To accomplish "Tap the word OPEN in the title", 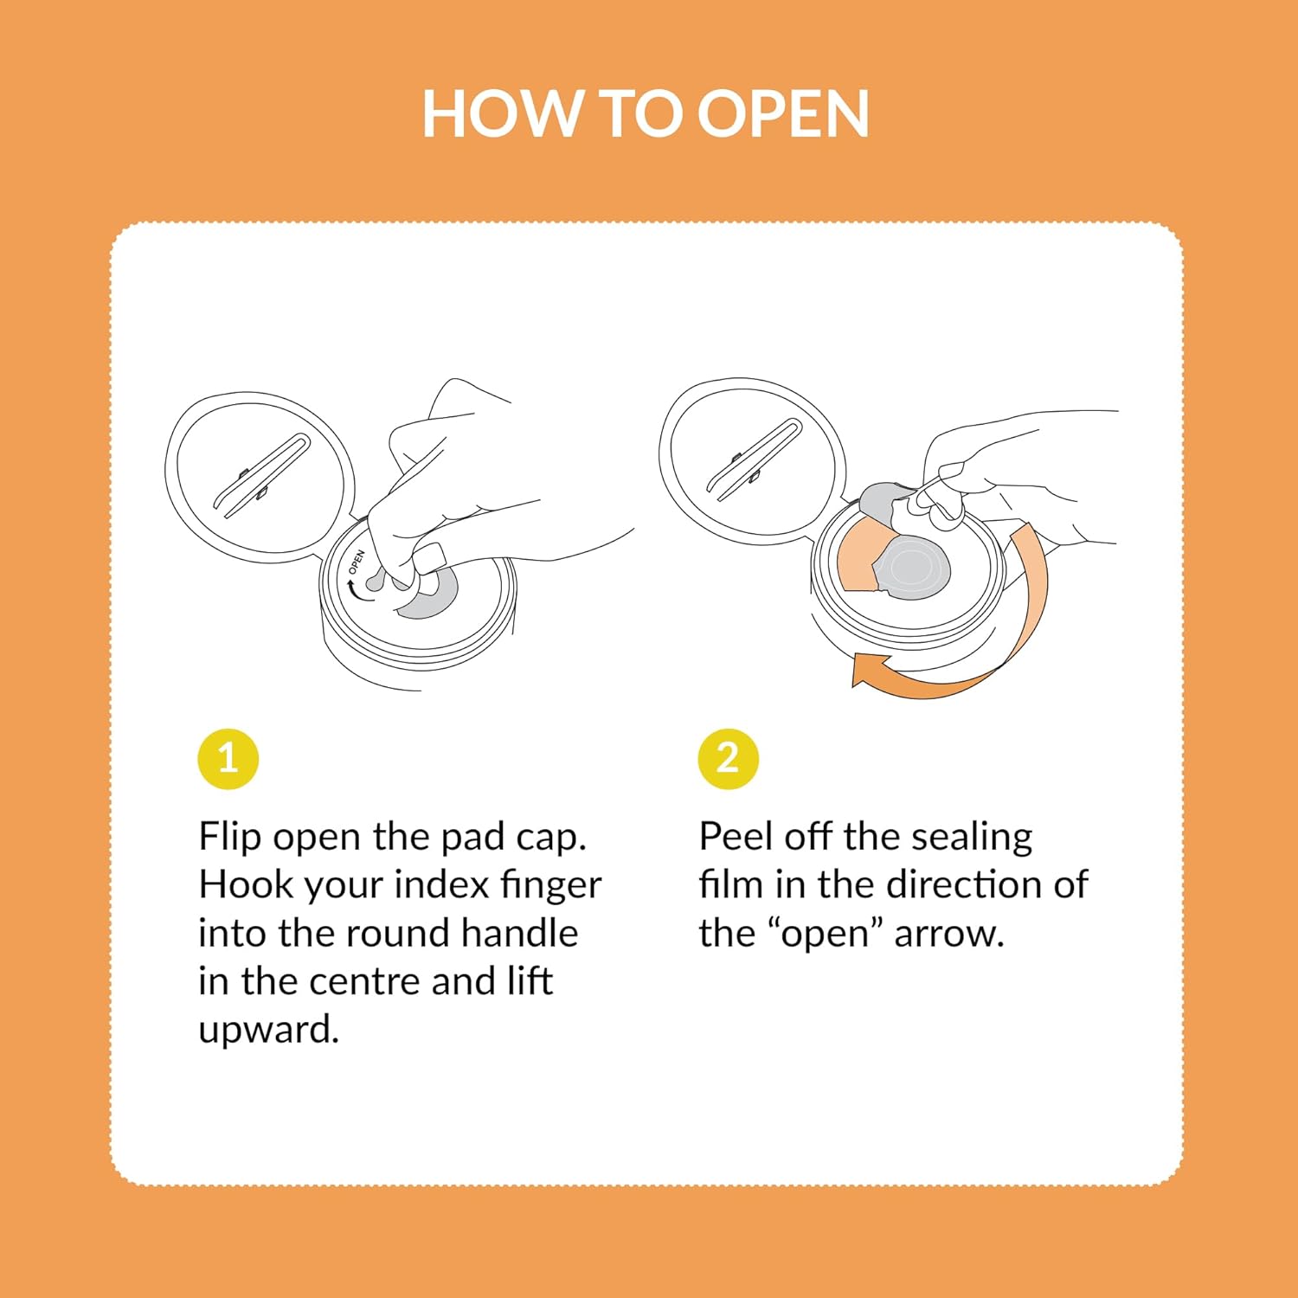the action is point(782,113).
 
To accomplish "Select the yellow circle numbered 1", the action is point(228,759).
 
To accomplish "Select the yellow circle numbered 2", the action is point(729,759).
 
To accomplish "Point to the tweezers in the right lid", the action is point(755,459).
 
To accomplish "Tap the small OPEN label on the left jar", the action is point(357,562).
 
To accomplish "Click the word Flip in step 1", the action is point(230,838).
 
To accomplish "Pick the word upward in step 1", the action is point(268,1030).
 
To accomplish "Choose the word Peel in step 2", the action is point(735,837).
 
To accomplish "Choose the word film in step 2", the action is point(730,884).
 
